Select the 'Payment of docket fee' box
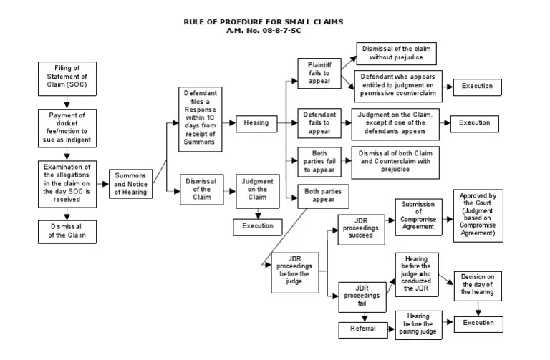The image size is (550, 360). point(65,127)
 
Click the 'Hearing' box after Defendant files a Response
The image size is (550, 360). point(256,122)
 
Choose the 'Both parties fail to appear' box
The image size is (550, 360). point(319,162)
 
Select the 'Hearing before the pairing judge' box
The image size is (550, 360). point(418,324)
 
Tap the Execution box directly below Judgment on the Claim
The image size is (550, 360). point(257,225)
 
